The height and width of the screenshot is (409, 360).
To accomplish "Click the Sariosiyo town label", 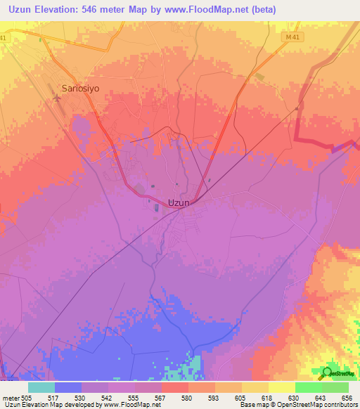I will (81, 89).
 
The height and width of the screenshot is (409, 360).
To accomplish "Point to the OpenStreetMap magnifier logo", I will (328, 373).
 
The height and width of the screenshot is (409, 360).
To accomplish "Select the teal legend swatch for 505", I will (41, 387).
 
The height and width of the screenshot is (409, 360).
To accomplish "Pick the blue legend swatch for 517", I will (68, 387).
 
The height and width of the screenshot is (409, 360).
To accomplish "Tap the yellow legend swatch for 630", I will (282, 387).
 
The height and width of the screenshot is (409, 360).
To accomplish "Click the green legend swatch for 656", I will (335, 387).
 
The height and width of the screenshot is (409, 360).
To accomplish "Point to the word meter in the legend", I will (12, 397).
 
